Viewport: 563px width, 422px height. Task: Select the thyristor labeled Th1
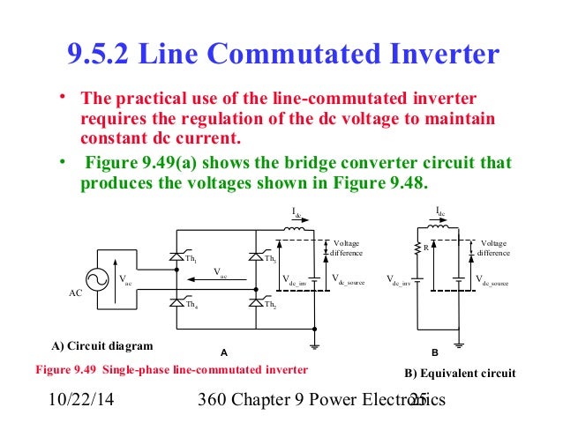pyautogui.click(x=176, y=256)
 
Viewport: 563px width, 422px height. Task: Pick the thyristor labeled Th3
pyautogui.click(x=255, y=256)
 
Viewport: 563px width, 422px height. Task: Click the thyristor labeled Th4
pyautogui.click(x=176, y=301)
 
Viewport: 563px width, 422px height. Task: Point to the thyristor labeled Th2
pyautogui.click(x=255, y=301)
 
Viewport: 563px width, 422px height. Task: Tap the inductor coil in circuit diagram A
pyautogui.click(x=295, y=231)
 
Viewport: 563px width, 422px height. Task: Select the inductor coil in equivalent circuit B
pyautogui.click(x=441, y=230)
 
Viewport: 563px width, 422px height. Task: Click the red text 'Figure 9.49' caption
pyautogui.click(x=66, y=367)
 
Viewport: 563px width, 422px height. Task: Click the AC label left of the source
pyautogui.click(x=76, y=295)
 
